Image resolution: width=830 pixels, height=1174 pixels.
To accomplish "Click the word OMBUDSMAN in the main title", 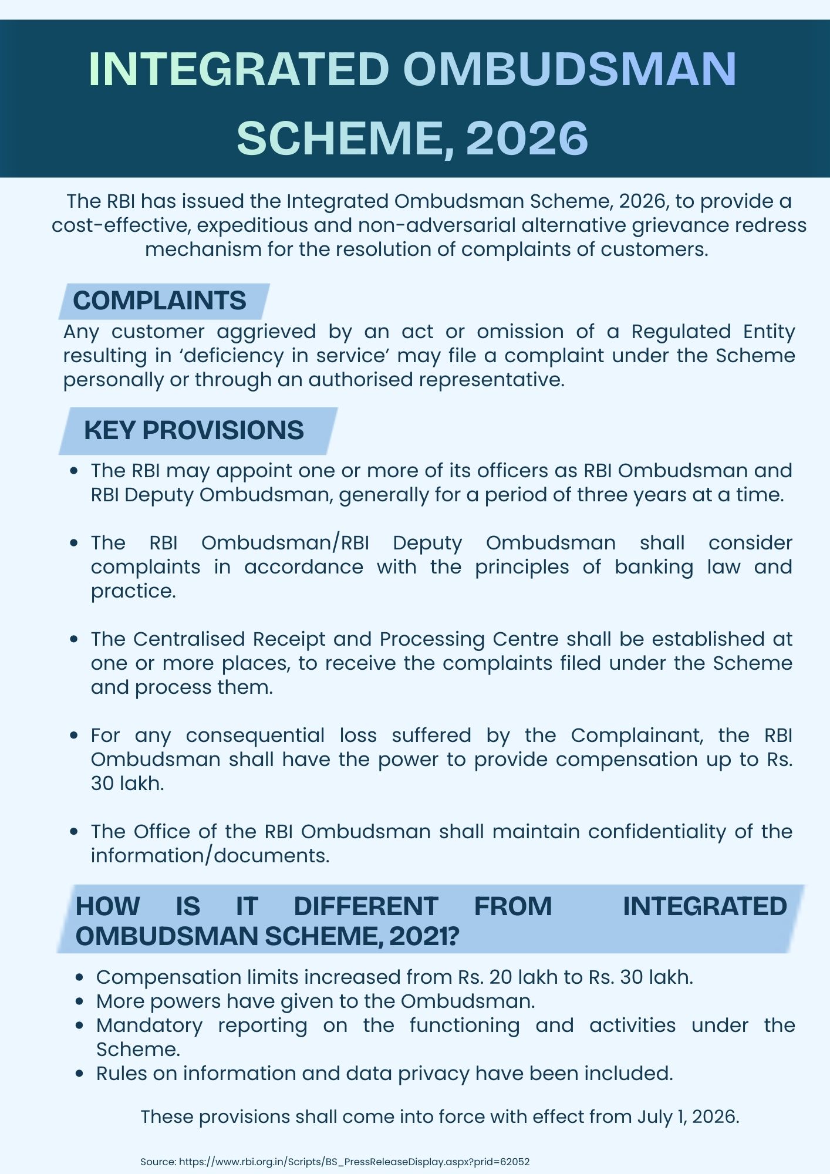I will pyautogui.click(x=569, y=70).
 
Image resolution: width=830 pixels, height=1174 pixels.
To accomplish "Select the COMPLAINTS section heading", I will pyautogui.click(x=159, y=301).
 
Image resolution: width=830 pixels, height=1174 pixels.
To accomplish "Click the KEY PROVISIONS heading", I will pyautogui.click(x=194, y=430).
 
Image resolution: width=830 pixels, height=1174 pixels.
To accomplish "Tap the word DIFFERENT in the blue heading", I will pyautogui.click(x=366, y=906).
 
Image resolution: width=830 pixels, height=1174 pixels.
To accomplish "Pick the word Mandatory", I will pyautogui.click(x=149, y=1025).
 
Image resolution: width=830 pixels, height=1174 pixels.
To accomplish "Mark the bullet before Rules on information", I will pyautogui.click(x=81, y=1074).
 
